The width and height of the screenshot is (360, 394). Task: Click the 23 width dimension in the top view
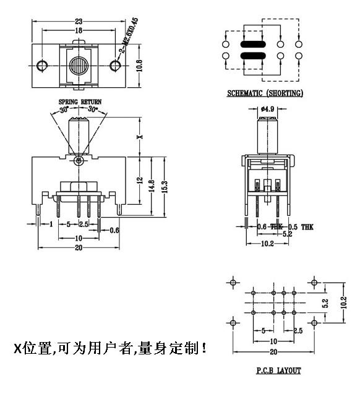[x=79, y=22]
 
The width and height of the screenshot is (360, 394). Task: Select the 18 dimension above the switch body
[x=79, y=30]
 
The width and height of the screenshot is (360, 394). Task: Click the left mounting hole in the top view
[x=42, y=65]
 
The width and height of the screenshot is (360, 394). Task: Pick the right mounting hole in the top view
[x=114, y=65]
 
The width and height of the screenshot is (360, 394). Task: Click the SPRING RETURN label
[x=80, y=101]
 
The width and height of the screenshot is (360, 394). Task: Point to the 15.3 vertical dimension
[x=164, y=186]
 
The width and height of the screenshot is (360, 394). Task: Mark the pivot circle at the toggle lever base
[x=78, y=161]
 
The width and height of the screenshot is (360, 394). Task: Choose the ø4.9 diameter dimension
[x=267, y=109]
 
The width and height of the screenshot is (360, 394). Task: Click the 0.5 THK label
[x=301, y=227]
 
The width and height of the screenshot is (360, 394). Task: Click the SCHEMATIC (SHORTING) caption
[x=265, y=94]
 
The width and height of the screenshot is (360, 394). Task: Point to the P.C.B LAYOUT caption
[x=278, y=370]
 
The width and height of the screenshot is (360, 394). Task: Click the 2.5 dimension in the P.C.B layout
[x=298, y=332]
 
